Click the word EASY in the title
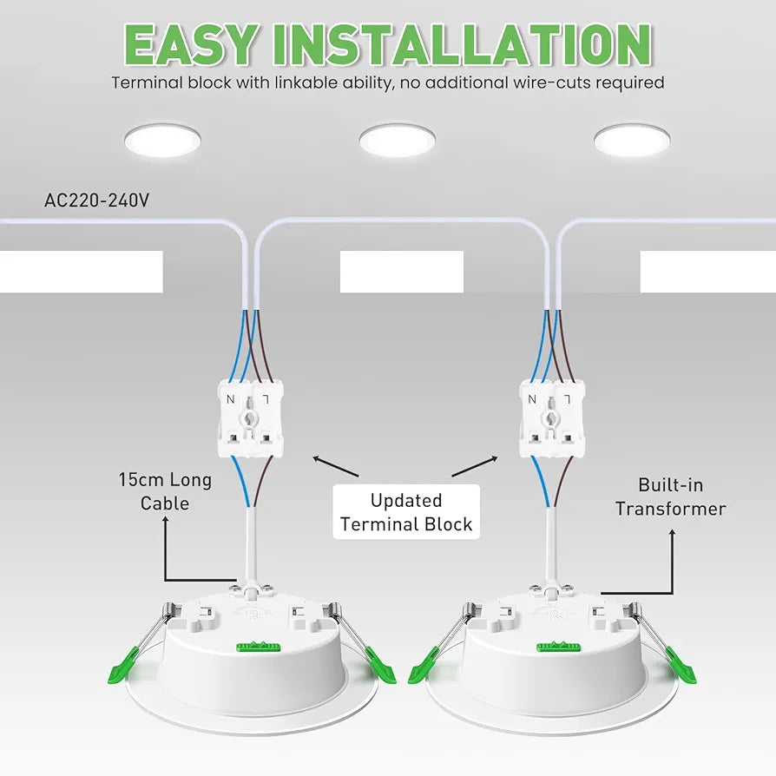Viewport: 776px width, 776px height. click(x=192, y=43)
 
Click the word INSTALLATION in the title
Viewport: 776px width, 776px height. click(x=463, y=43)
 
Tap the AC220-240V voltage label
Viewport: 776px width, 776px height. click(x=96, y=201)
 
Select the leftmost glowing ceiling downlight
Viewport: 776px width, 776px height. click(x=163, y=140)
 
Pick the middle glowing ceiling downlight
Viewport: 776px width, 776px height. click(x=398, y=140)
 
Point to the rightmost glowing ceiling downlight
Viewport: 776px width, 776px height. click(x=632, y=140)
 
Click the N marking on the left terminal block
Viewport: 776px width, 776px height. click(x=231, y=399)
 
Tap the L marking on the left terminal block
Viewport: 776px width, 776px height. click(x=266, y=399)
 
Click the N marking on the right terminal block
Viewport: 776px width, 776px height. click(x=532, y=399)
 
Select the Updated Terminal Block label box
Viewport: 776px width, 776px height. click(x=406, y=512)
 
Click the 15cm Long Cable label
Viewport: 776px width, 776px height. click(x=165, y=491)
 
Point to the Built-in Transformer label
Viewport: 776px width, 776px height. click(x=671, y=497)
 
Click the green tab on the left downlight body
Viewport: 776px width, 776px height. click(x=259, y=647)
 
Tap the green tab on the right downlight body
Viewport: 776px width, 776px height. click(x=559, y=647)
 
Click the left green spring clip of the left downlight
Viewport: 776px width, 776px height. click(x=122, y=666)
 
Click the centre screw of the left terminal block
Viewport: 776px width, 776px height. click(x=250, y=419)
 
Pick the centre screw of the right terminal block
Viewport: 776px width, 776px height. click(x=551, y=419)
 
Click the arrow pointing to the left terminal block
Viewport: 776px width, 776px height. click(x=336, y=467)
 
